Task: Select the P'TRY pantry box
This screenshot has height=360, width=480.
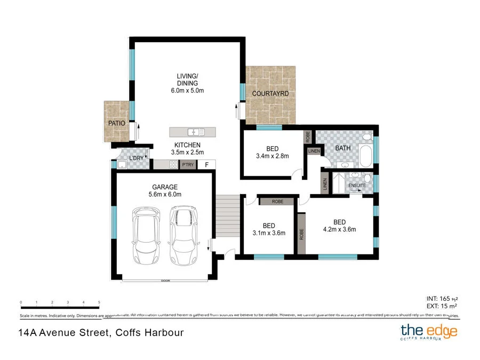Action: [188, 165]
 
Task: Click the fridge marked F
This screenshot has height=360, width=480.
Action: [207, 165]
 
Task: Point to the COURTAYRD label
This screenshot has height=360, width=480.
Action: [270, 94]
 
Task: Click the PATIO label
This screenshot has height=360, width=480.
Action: [117, 123]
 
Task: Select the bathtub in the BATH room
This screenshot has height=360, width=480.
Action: [366, 155]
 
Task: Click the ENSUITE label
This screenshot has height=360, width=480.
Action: [357, 185]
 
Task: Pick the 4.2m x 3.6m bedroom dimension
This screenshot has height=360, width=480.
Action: [340, 230]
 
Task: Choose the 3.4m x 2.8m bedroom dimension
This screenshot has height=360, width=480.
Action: [272, 156]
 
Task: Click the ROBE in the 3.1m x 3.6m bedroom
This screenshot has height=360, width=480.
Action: [278, 202]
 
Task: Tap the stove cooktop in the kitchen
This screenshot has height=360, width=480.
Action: [173, 165]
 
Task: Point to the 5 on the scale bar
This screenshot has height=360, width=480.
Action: [99, 302]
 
